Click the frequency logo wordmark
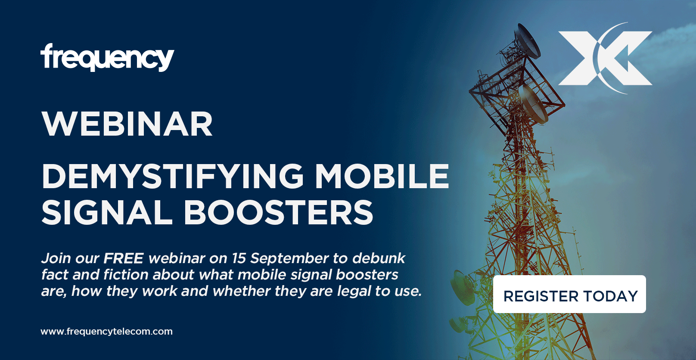(x=107, y=57)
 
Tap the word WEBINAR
(x=127, y=124)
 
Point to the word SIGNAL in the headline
(x=107, y=212)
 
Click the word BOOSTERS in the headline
(x=278, y=212)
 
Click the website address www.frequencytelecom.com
(x=106, y=332)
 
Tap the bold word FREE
(x=124, y=258)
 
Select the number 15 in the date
(x=239, y=258)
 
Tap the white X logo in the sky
(x=605, y=58)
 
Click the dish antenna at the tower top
(x=527, y=41)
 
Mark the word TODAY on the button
(x=611, y=296)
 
